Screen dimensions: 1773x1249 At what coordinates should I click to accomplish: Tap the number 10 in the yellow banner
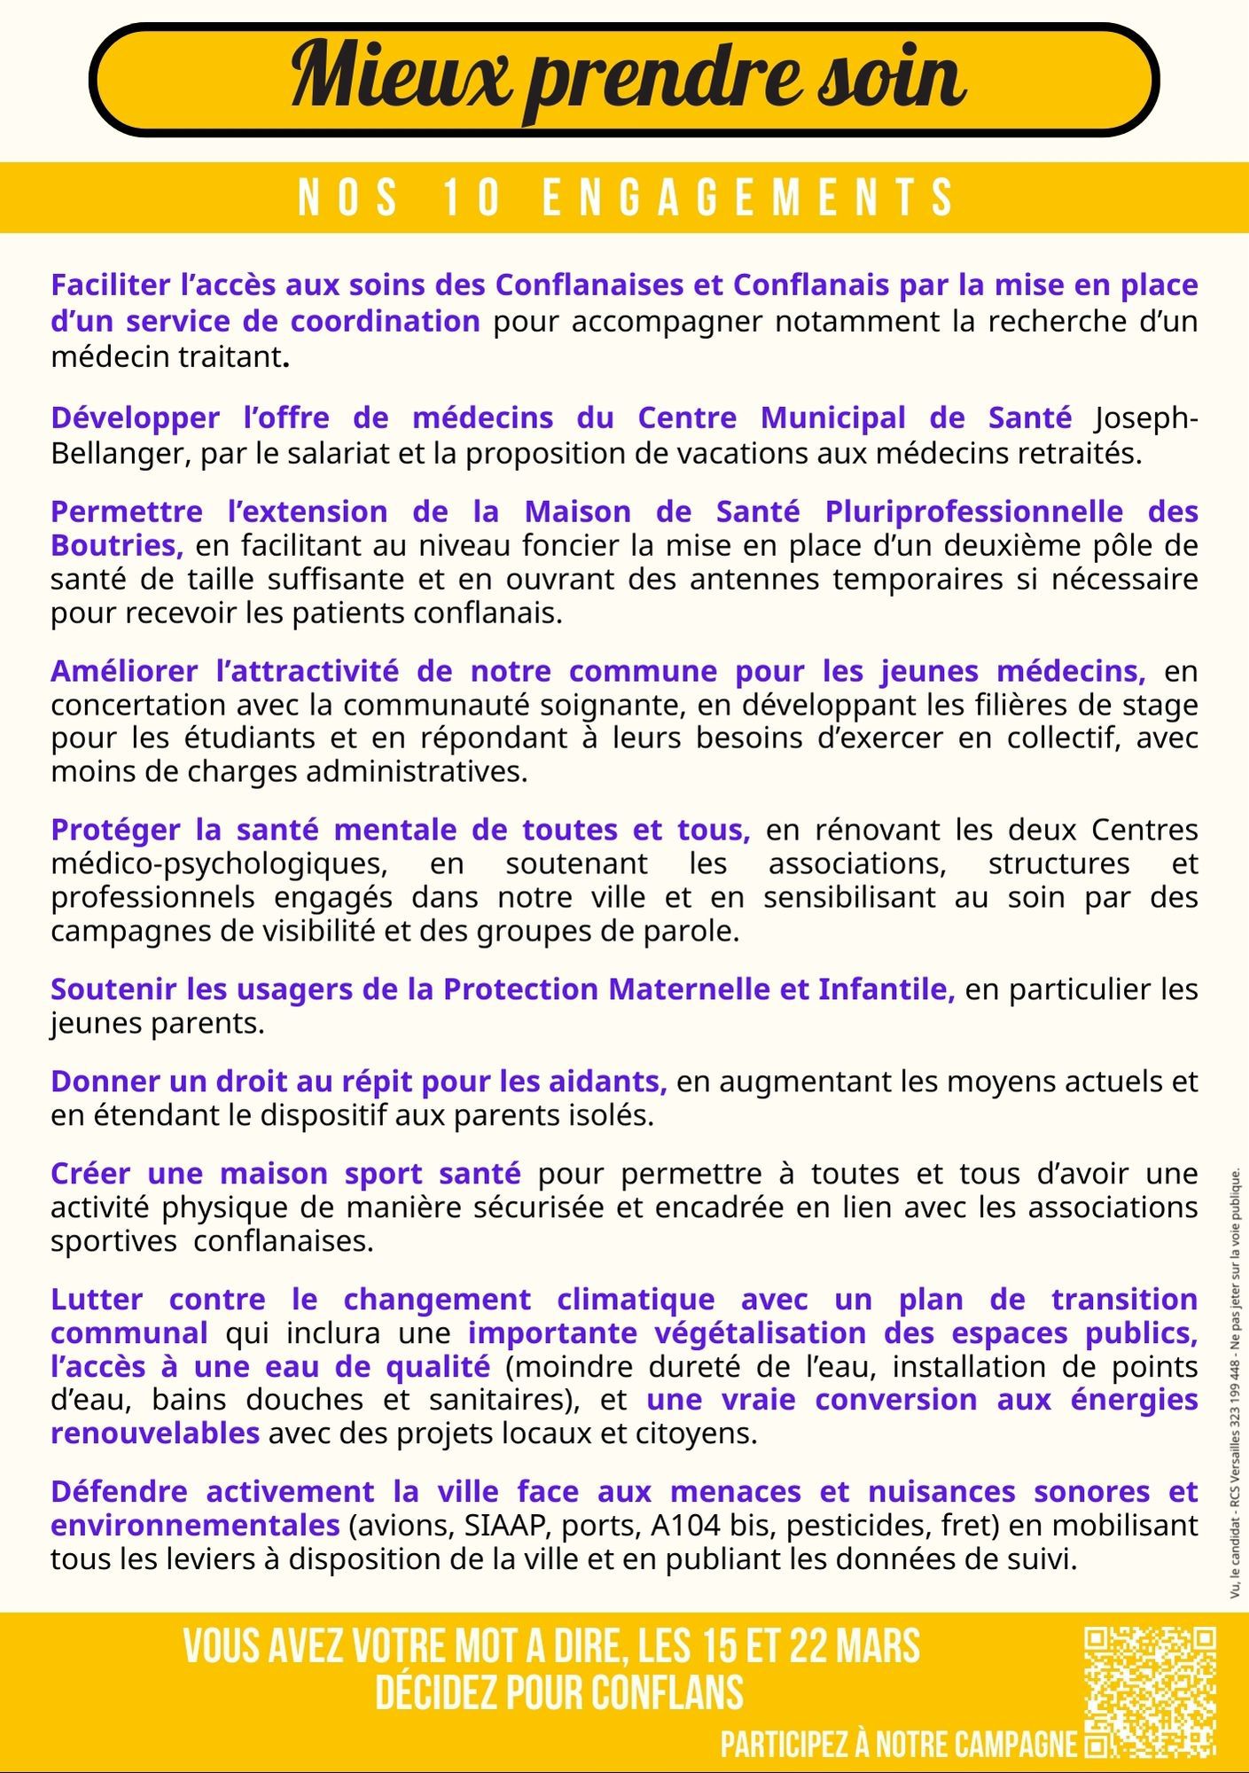472,197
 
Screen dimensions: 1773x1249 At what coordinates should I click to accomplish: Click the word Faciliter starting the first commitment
110,285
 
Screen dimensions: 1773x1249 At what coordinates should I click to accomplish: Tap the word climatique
636,1300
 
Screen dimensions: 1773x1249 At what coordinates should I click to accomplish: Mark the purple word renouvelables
154,1433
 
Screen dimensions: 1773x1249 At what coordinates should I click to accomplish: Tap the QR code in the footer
1150,1691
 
